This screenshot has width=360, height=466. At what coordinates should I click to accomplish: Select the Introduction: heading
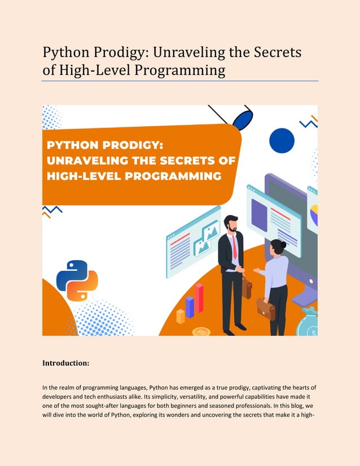pos(66,363)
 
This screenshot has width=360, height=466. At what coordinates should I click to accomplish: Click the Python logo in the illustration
pos(77,280)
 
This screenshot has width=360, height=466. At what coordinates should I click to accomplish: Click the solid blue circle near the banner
pos(282,140)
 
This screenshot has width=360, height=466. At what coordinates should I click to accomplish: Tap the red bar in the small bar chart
pos(199,298)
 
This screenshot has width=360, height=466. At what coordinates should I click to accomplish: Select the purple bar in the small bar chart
pos(190,307)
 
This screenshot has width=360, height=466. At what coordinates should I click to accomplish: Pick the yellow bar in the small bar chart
pos(181,316)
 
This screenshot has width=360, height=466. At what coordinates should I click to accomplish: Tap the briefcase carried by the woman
pos(265,309)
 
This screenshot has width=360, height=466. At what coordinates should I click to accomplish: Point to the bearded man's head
pos(231,223)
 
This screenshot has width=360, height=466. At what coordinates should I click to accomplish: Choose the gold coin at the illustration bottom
pos(201,332)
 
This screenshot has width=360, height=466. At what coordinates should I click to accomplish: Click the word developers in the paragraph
pos(60,398)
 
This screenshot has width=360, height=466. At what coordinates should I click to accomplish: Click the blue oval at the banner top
pos(242,120)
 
